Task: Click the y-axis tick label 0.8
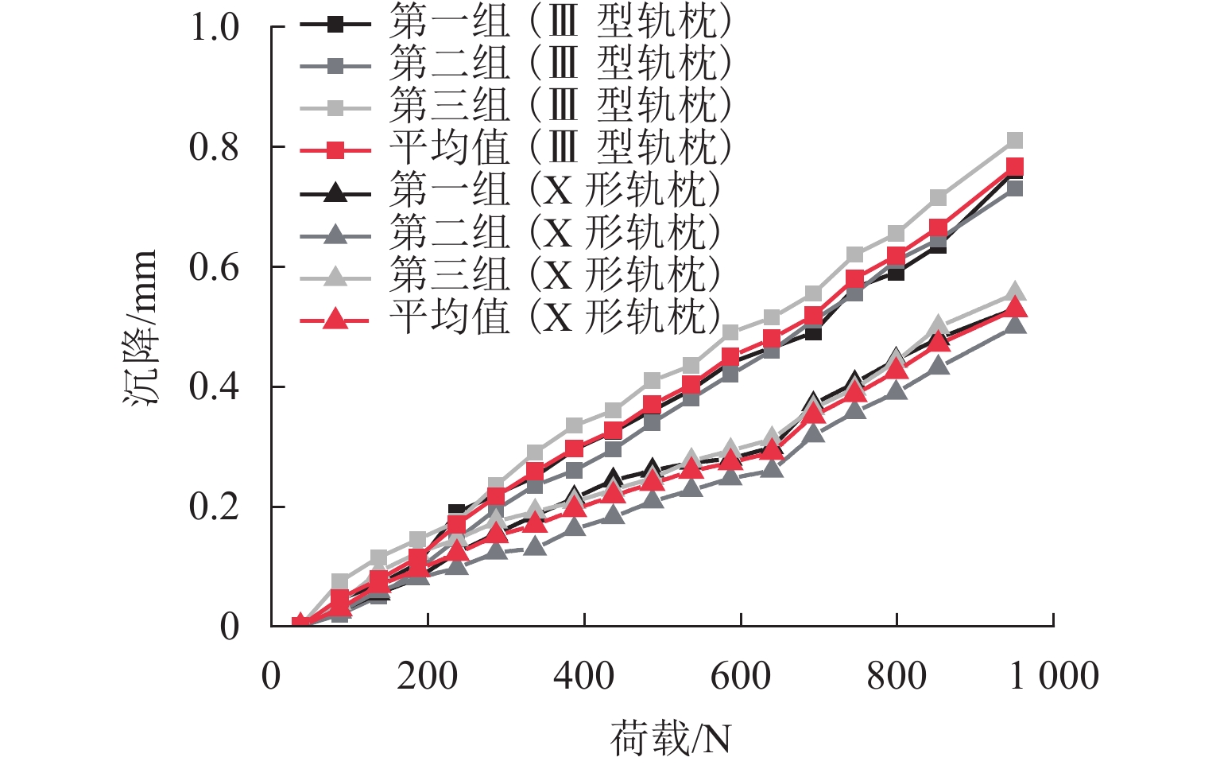pos(214,147)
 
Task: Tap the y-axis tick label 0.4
pos(214,387)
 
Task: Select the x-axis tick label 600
pos(741,676)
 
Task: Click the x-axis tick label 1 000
pos(1054,676)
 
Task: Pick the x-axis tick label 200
pos(428,676)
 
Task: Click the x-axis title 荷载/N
pos(670,739)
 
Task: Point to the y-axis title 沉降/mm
pos(141,327)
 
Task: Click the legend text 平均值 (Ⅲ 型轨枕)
pos(560,148)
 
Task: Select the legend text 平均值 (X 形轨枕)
pos(555,317)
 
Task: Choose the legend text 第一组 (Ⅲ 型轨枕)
pos(560,22)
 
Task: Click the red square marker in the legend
pos(335,149)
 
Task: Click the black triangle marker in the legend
pos(335,192)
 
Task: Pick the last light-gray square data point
pos(1014,141)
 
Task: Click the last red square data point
pos(1014,166)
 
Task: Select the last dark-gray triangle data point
pos(1016,324)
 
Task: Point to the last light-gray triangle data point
pos(1015,292)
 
